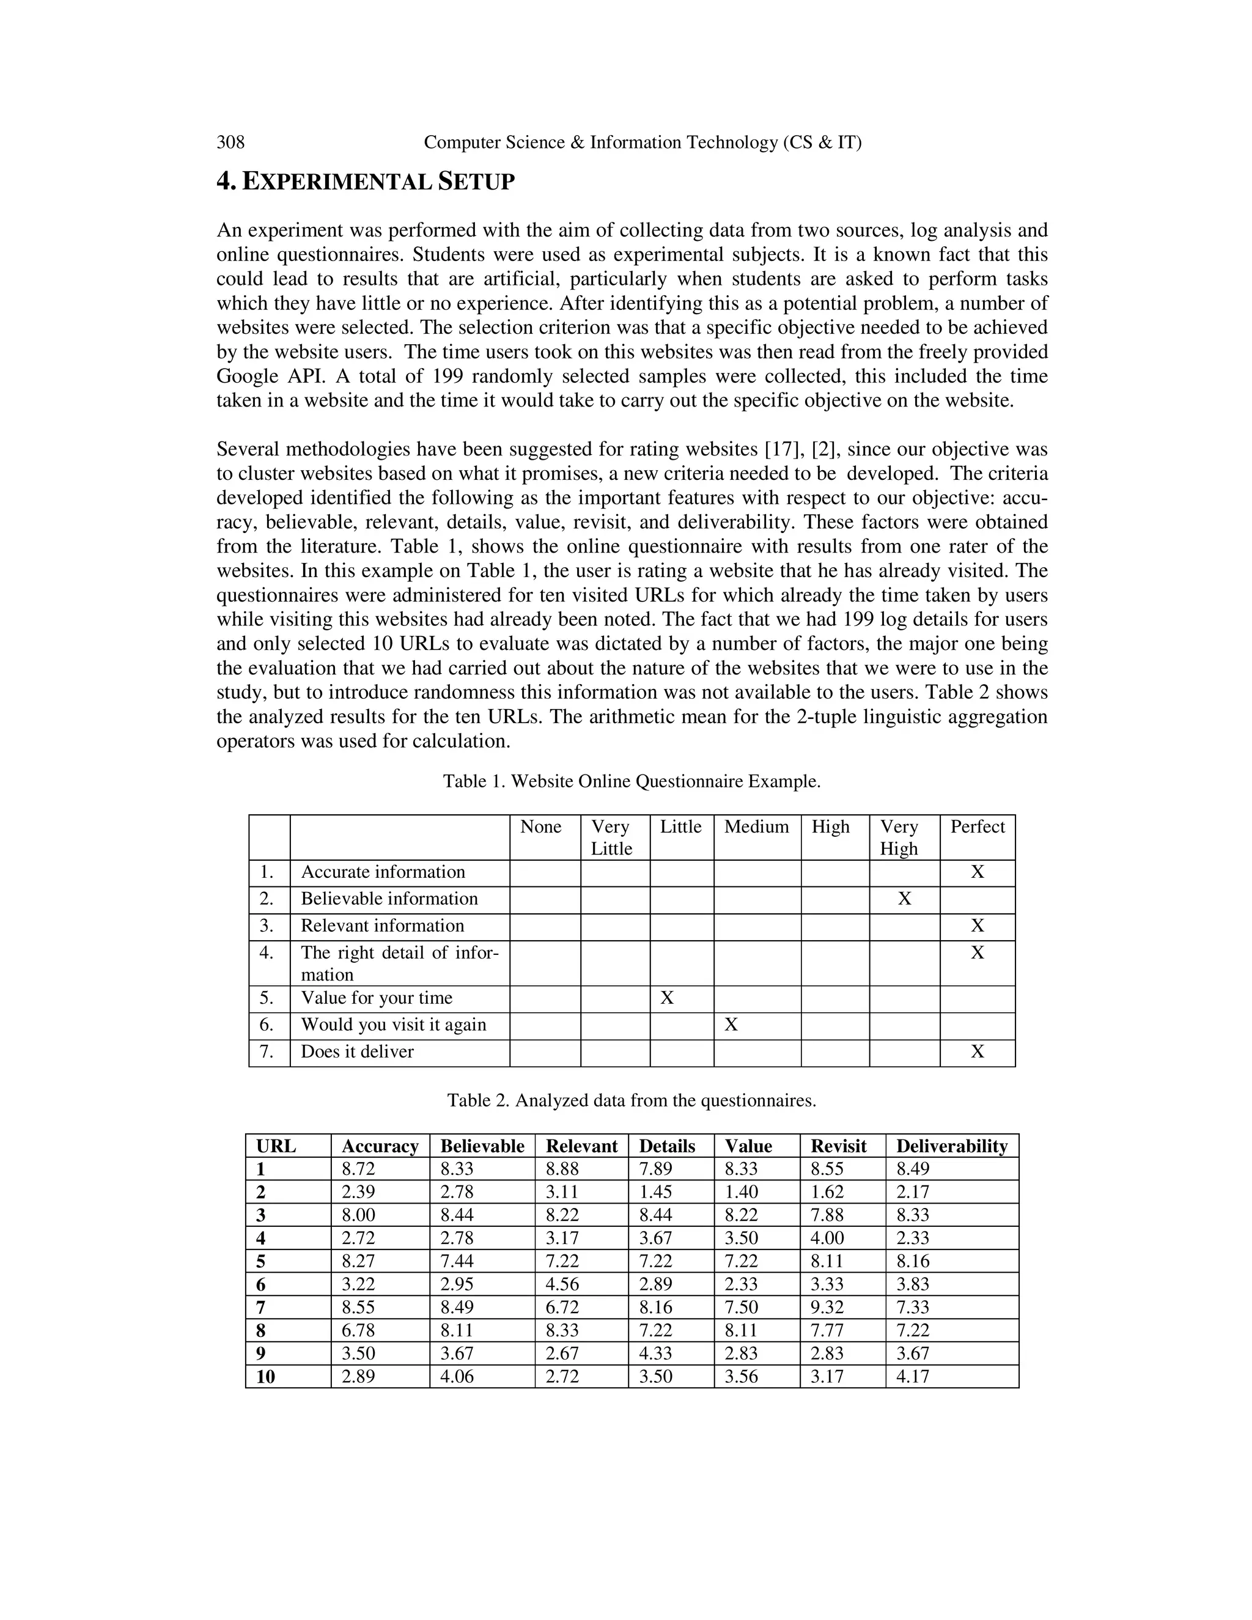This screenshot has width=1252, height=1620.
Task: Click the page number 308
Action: pos(230,142)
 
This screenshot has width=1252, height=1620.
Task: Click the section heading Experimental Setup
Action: pos(365,181)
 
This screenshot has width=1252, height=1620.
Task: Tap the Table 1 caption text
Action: pos(631,781)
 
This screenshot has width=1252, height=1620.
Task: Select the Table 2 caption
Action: pos(631,1100)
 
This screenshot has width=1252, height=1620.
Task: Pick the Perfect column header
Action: pos(977,827)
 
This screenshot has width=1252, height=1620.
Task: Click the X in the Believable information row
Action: pos(904,899)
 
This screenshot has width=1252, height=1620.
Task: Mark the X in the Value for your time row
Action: pos(667,998)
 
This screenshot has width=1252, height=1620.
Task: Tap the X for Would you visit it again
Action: pos(731,1025)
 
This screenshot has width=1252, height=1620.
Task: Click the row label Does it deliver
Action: pos(357,1052)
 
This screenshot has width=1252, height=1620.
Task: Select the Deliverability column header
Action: pos(952,1146)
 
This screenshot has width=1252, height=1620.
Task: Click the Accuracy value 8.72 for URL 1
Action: pos(358,1169)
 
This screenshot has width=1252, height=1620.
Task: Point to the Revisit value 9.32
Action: pos(827,1307)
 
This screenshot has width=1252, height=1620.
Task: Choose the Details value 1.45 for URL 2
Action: pos(656,1192)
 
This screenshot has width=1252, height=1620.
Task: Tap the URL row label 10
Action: pos(265,1377)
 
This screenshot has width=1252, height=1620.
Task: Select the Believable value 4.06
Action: pos(457,1377)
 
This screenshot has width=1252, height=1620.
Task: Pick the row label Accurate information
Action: pos(383,872)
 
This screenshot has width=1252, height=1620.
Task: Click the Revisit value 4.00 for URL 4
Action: pos(827,1238)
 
